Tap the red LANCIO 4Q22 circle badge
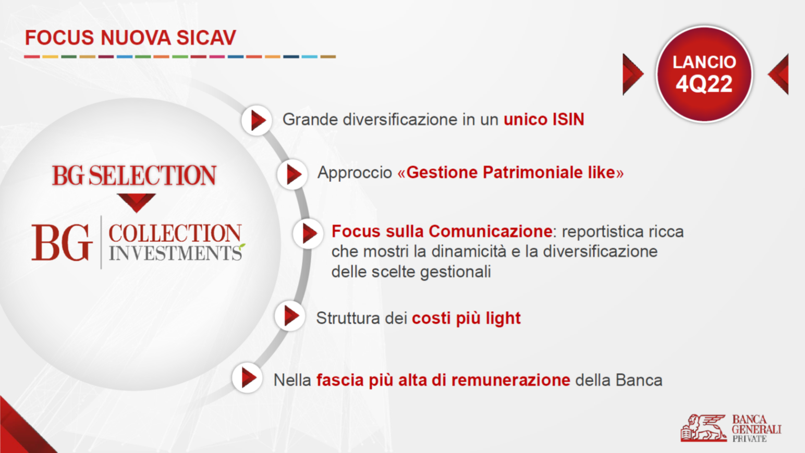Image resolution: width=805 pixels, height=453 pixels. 704,74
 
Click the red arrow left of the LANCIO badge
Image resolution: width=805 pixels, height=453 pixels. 633,75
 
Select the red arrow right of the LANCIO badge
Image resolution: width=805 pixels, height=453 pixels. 778,75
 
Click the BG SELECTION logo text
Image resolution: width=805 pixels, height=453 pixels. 134,176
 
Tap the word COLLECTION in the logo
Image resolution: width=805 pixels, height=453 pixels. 175,233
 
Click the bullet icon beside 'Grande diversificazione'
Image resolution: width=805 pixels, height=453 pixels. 257,120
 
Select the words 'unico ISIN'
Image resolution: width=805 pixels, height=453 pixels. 544,119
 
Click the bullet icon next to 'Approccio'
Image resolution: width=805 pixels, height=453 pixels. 292,174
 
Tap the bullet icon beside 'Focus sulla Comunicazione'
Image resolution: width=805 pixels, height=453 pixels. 308,234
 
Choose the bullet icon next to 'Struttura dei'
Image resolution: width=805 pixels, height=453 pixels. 290,316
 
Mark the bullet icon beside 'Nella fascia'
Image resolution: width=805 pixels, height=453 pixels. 247,378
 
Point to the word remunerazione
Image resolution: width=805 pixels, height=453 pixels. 510,380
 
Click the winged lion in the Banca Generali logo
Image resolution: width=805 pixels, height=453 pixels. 703,428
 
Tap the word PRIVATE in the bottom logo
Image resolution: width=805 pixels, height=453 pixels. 749,438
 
